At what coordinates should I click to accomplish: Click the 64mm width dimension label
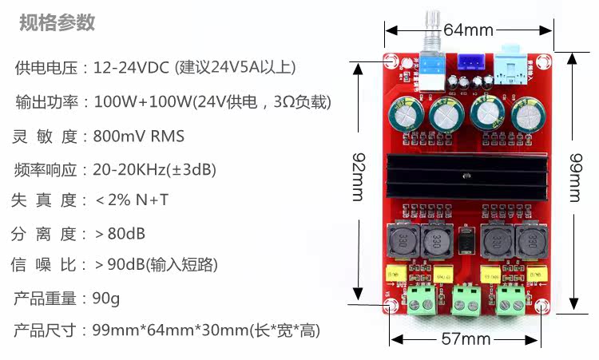coord(468,30)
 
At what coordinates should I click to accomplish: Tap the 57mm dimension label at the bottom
coord(466,339)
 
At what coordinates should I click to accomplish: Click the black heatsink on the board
coord(465,178)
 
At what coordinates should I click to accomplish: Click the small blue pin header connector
coord(468,63)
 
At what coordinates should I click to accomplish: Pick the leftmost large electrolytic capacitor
coord(406,117)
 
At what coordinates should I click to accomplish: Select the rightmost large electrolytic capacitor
coord(528,117)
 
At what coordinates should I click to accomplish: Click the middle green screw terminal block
coord(465,302)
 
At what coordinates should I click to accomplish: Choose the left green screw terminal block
coord(421,302)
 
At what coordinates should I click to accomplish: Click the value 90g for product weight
coord(105,299)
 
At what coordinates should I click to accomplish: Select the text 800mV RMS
coord(139,136)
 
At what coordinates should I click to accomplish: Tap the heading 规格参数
coord(57,22)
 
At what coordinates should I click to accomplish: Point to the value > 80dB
coord(120,234)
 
